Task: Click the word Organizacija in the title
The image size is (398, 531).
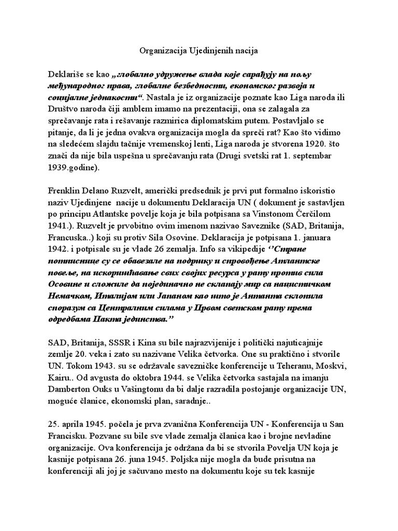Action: point(162,51)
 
